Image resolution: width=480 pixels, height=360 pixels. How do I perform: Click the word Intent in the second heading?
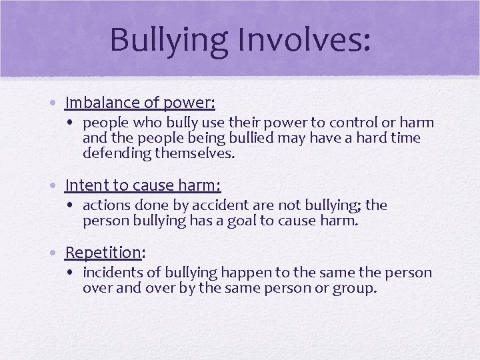pos(83,185)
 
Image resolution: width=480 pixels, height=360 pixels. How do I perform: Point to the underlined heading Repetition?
pos(103,253)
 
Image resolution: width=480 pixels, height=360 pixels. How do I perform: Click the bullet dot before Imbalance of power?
pos(57,104)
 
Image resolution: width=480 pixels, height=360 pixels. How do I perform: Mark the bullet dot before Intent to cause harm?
pos(57,186)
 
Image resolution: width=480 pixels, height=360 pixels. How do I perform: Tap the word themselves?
pos(196,153)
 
